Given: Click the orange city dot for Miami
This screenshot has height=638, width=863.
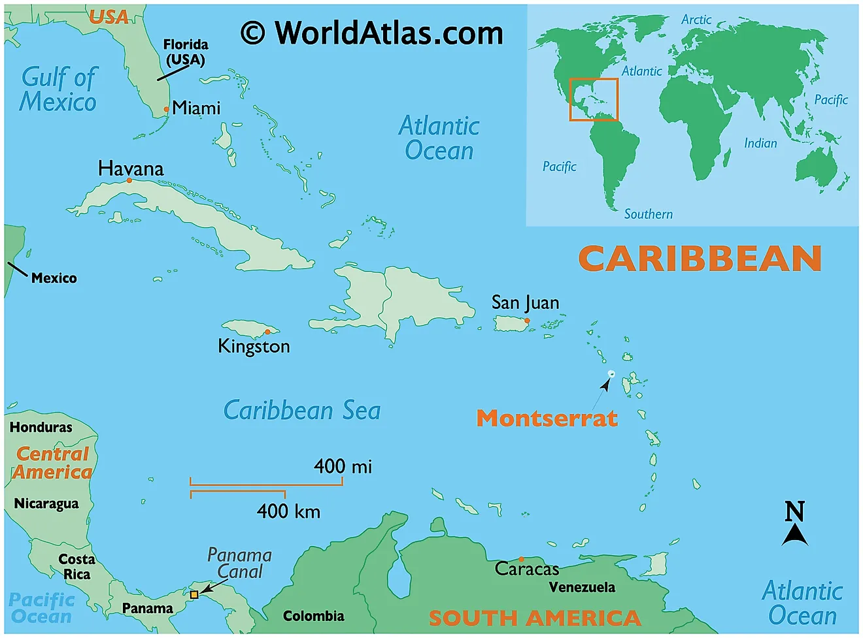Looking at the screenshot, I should click(166, 110).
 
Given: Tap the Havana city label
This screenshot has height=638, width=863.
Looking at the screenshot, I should click(131, 168).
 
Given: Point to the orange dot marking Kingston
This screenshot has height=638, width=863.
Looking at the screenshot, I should click(267, 332).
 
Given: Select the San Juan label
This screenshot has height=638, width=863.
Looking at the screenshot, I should click(525, 303).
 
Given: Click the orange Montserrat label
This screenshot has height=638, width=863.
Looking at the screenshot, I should click(547, 418).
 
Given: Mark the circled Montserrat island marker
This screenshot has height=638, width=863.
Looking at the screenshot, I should click(611, 374).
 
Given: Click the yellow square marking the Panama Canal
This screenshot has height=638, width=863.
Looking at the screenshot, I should click(194, 595).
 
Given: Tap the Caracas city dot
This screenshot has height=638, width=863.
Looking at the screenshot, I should click(521, 560).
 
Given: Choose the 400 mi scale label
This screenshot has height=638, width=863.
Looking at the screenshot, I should click(343, 466).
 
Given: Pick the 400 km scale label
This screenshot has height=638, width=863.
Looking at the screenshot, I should click(288, 511).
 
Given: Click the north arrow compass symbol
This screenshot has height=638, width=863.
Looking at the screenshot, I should click(795, 524).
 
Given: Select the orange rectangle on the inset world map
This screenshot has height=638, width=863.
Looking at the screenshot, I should click(593, 99).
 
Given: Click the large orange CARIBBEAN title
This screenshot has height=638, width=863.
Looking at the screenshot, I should click(700, 259).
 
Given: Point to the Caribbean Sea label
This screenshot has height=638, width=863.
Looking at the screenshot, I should click(301, 411).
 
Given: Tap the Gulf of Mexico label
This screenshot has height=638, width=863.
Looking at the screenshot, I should click(58, 89).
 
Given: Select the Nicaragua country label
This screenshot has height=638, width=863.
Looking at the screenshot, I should click(46, 503).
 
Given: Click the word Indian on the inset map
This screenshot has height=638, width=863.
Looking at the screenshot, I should click(760, 143).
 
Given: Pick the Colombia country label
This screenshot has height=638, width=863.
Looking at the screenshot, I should click(313, 616).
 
